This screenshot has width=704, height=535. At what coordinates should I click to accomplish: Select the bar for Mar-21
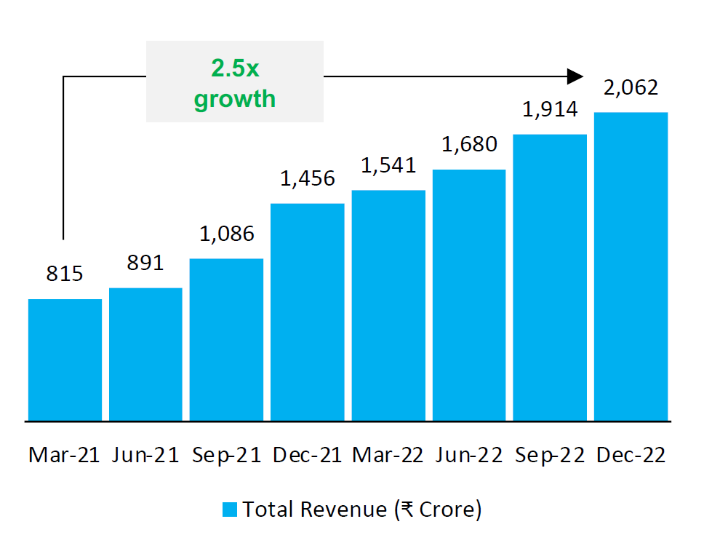tap(65, 360)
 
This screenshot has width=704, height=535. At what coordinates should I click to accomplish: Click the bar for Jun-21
tap(145, 354)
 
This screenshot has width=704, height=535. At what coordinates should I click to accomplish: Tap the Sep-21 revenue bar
tap(226, 340)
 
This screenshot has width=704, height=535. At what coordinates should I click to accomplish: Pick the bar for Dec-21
tap(307, 312)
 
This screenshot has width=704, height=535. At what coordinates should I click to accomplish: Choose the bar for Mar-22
tap(388, 306)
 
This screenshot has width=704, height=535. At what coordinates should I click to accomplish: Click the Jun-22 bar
tap(469, 296)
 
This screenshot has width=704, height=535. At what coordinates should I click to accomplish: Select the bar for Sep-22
tap(550, 277)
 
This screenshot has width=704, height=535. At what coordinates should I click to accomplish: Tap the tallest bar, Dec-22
tap(631, 266)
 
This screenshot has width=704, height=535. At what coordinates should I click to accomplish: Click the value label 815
tap(65, 274)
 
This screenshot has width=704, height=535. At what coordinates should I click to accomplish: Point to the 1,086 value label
tap(226, 234)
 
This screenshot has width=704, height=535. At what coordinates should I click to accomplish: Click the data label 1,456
tap(307, 179)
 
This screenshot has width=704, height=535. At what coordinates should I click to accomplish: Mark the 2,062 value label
tap(631, 88)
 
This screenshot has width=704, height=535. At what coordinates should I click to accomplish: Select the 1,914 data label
tap(550, 110)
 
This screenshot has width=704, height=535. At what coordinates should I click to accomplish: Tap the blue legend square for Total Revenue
tap(230, 510)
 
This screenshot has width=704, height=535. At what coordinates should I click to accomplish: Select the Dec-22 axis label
tap(631, 456)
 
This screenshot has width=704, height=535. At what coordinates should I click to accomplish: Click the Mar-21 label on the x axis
tap(65, 456)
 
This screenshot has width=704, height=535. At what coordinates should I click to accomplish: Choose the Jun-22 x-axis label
tap(469, 456)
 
